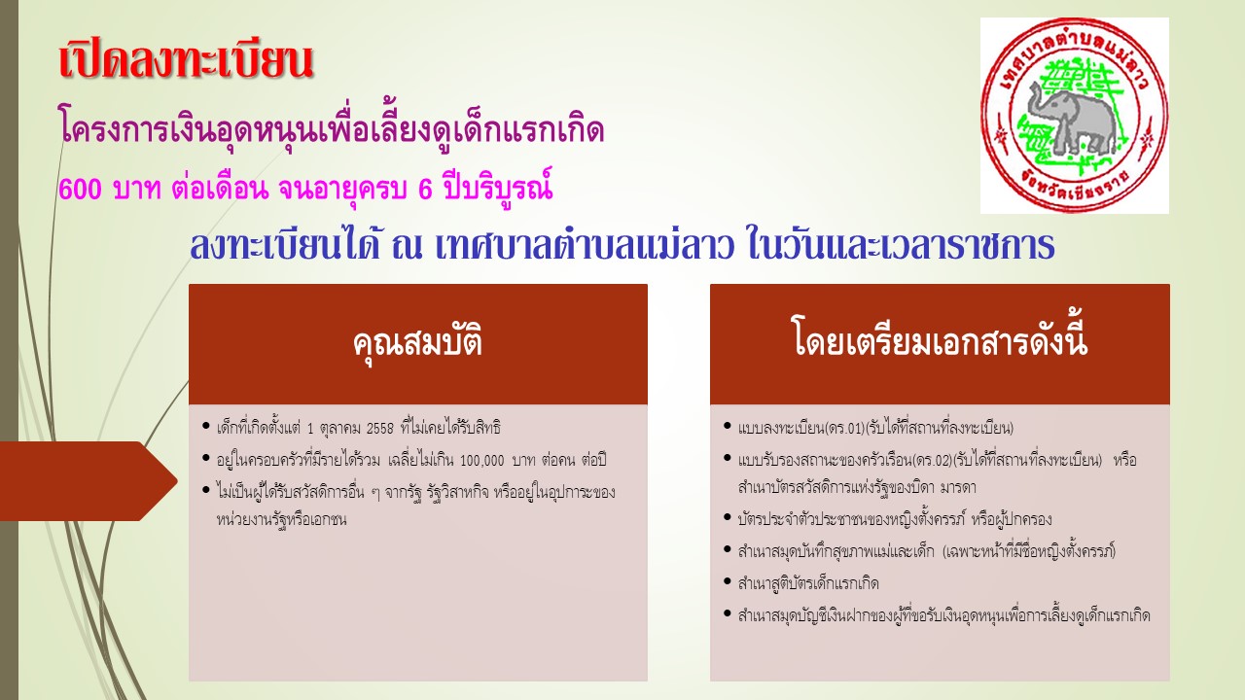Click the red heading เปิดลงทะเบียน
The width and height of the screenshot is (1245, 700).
click(x=186, y=60)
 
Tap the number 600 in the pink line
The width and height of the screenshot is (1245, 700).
click(x=80, y=190)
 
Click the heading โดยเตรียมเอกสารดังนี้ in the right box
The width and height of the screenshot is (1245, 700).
click(x=940, y=339)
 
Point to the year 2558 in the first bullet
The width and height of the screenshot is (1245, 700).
click(x=379, y=429)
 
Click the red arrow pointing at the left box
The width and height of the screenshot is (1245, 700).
click(x=89, y=481)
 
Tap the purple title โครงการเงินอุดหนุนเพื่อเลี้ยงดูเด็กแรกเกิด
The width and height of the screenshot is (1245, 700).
click(x=332, y=130)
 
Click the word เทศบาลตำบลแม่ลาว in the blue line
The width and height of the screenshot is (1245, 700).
click(x=584, y=246)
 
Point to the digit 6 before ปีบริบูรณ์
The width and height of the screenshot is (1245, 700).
click(x=425, y=190)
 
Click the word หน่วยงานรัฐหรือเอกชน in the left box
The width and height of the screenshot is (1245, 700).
click(x=281, y=520)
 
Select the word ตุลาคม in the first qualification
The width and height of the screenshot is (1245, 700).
click(x=340, y=429)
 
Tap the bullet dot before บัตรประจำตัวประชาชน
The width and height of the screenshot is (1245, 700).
click(x=727, y=518)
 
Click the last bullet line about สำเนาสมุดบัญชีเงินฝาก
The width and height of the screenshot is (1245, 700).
click(x=943, y=615)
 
